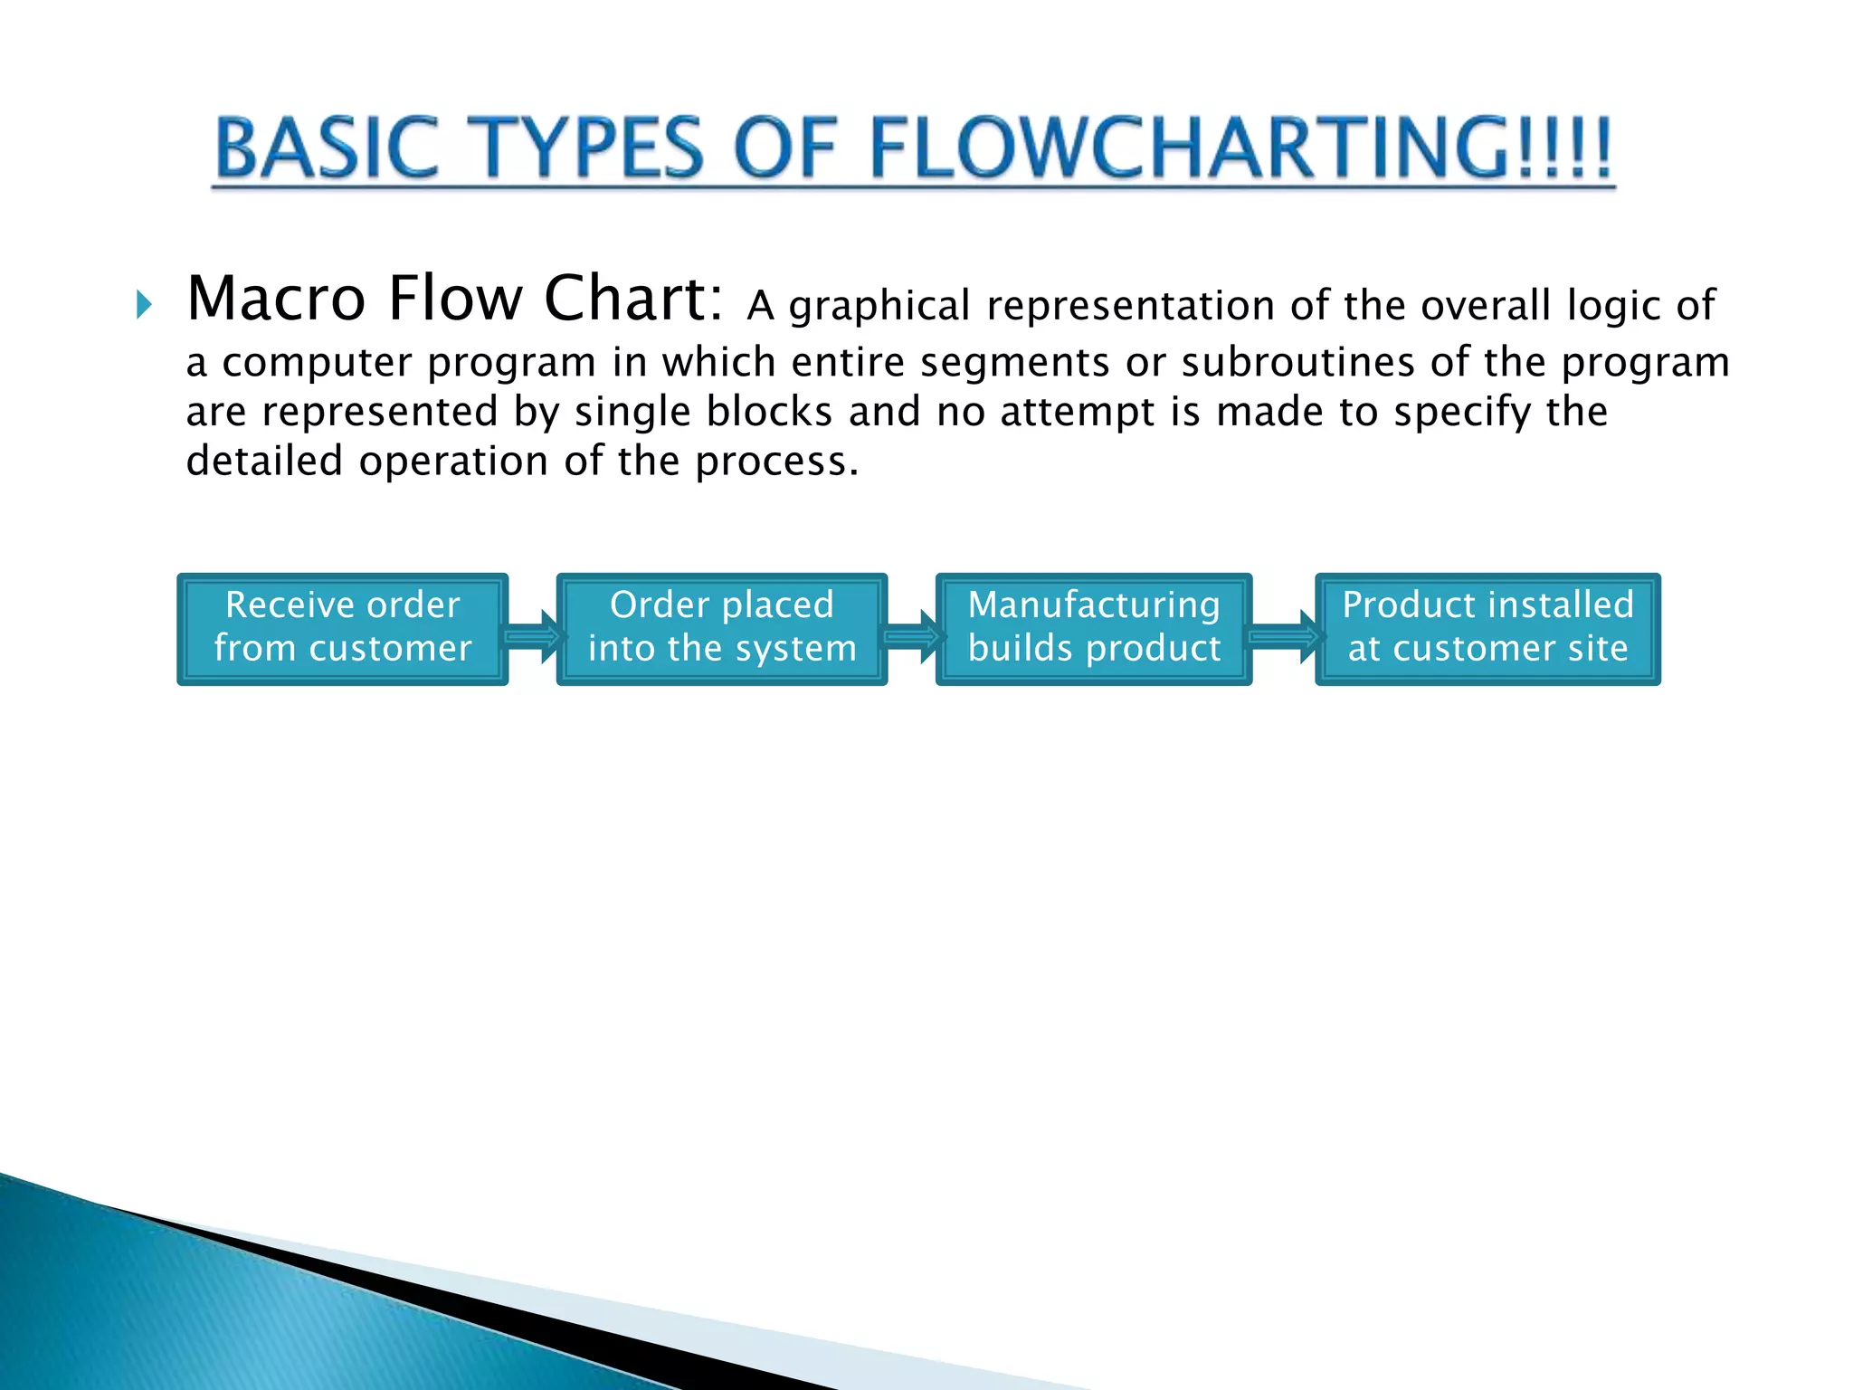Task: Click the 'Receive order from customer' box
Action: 342,629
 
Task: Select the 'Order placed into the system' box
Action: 721,629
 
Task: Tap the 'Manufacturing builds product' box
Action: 1093,629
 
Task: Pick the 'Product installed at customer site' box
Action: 1487,629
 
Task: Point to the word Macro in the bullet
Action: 277,299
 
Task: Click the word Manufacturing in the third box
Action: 1093,605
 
